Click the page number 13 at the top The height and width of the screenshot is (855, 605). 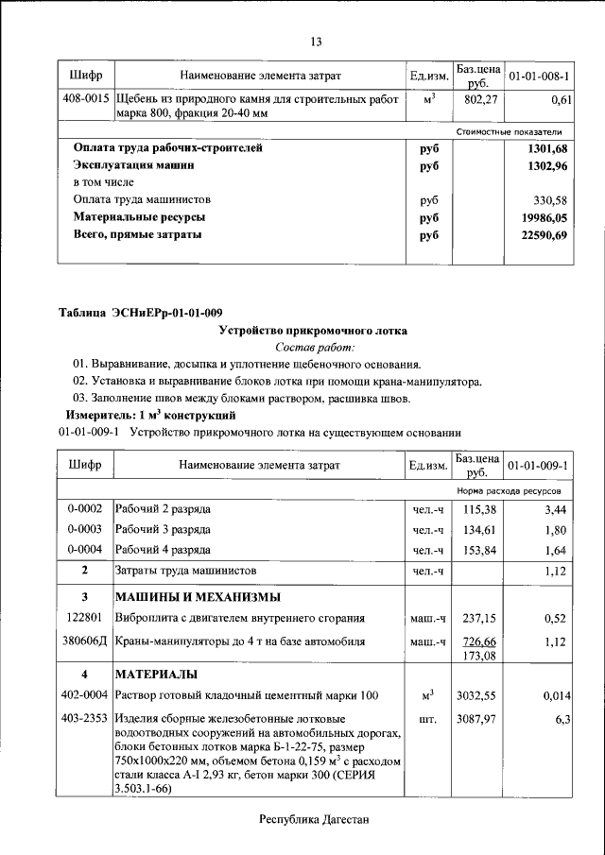tap(316, 41)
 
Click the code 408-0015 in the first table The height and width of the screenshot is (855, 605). tap(85, 98)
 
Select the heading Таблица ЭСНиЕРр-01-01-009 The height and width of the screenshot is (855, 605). tap(140, 313)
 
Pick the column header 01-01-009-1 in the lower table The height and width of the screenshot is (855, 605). tap(537, 465)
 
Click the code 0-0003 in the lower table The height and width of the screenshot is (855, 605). tap(85, 529)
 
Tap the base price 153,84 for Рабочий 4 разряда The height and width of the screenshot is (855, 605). tap(478, 550)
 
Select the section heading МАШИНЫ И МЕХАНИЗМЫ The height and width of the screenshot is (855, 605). tap(198, 597)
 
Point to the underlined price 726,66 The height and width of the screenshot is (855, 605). tap(478, 640)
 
